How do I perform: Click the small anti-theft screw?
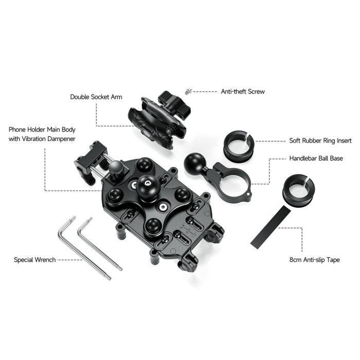(188, 91)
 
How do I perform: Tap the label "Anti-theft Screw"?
(243, 92)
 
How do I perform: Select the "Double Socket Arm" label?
(96, 97)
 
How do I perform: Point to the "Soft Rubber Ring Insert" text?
(320, 140)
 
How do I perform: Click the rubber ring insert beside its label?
(239, 147)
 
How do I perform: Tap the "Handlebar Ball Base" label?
(316, 158)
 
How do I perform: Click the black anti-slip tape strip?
(271, 227)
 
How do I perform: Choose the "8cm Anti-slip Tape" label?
(314, 260)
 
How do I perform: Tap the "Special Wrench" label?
(34, 260)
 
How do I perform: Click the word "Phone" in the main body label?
(17, 130)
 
